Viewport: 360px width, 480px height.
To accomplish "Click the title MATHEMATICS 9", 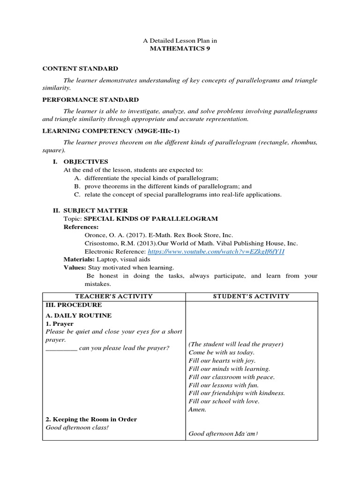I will [180, 49].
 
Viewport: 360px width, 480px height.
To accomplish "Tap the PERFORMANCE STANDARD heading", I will [90, 99].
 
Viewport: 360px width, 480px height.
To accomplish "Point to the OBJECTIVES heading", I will [86, 161].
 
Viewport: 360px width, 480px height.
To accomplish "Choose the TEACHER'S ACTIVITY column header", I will [114, 296].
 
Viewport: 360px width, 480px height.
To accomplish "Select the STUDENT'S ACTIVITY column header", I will [252, 296].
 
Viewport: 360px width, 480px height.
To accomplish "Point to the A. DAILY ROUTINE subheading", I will [79, 315].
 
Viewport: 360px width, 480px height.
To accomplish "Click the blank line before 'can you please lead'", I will [61, 348].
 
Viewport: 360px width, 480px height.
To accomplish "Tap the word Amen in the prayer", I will [197, 409].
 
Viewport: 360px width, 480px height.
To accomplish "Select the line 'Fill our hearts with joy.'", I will [223, 361].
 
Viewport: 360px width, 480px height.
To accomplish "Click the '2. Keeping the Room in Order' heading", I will [91, 420].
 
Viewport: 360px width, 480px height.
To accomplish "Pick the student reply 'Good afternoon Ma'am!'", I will [224, 434].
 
